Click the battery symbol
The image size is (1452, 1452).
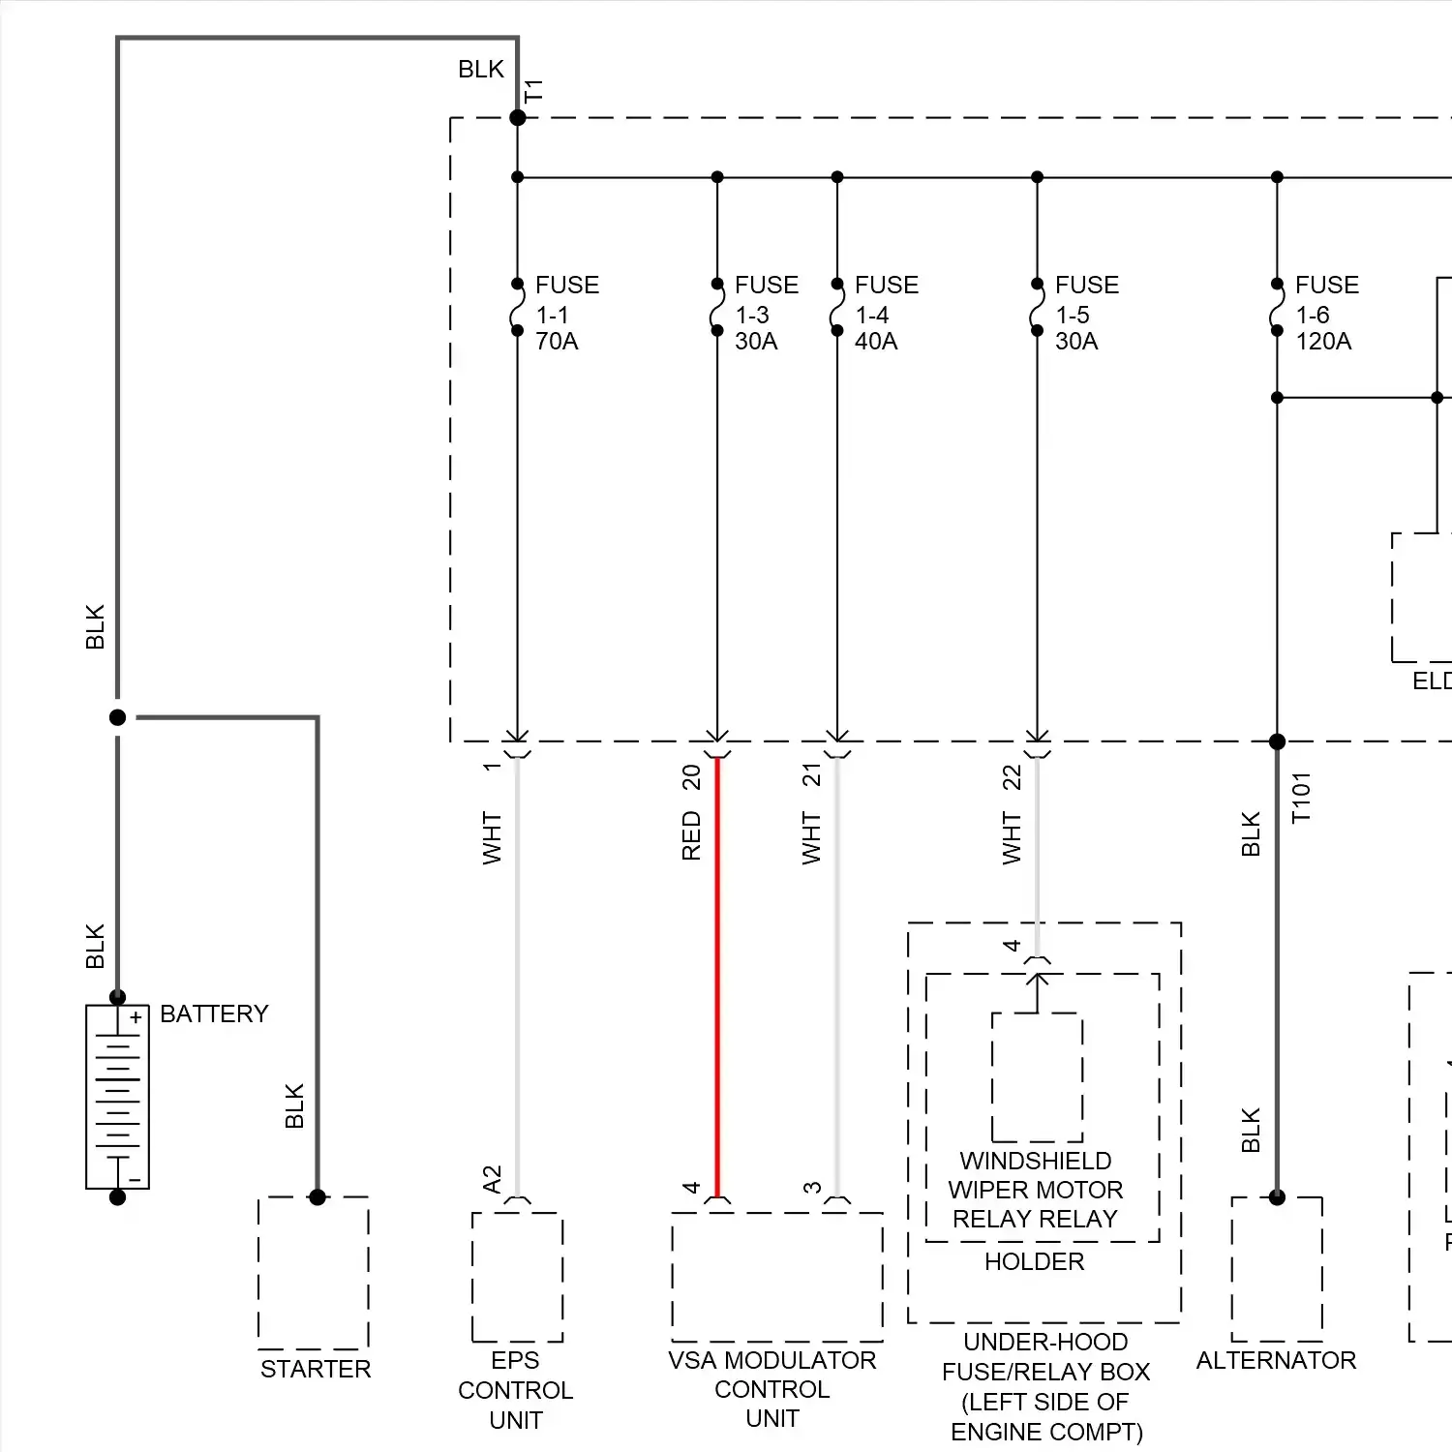117,1096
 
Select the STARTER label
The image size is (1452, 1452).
316,1369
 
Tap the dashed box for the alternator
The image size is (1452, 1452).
1277,1270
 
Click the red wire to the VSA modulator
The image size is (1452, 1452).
717,978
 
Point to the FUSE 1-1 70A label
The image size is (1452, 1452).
566,313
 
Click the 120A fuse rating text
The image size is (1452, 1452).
1323,342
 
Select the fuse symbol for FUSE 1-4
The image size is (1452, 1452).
837,307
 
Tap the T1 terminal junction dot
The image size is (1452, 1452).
518,118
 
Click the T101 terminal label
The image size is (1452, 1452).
1301,798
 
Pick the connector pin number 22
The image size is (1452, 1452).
1012,777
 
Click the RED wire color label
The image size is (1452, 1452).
691,835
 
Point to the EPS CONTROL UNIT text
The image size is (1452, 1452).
516,1390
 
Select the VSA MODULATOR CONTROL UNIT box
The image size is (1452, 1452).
776,1276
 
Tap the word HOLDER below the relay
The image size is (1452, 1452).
1034,1261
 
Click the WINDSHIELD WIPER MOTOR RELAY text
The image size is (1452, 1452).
1035,1190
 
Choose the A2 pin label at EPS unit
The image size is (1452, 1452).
492,1179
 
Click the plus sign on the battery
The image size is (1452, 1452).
136,1017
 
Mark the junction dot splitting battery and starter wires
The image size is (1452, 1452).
118,717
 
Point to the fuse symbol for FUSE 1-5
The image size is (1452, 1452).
1038,307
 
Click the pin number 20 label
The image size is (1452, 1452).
691,777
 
